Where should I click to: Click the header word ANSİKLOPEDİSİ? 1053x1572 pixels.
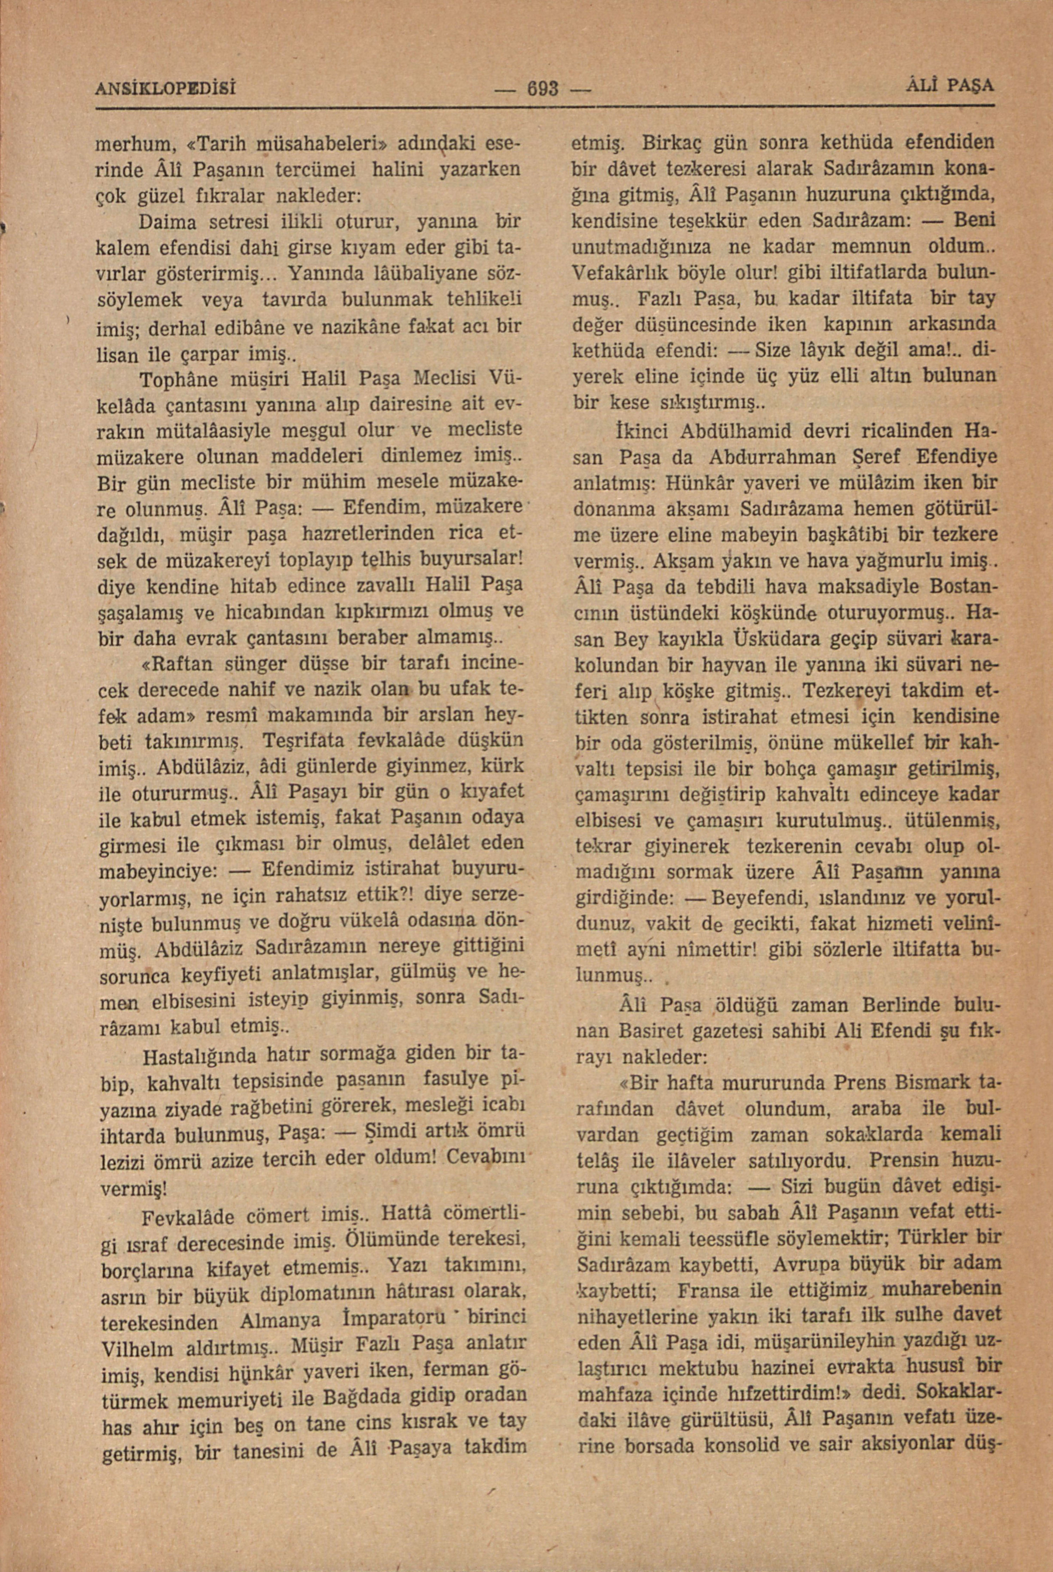[x=168, y=88]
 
